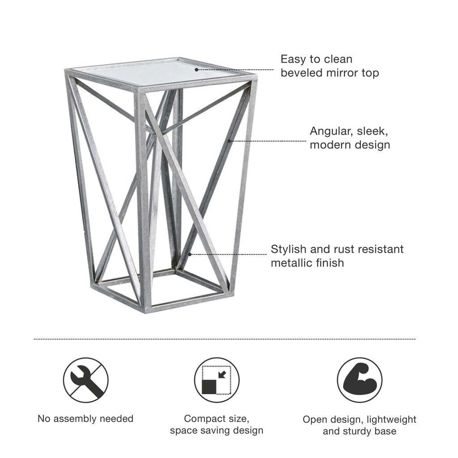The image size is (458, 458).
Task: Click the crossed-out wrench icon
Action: click(x=86, y=380)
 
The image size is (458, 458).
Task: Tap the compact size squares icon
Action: click(x=217, y=380)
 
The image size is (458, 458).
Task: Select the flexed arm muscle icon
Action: click(x=360, y=380)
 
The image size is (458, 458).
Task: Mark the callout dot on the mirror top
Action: click(x=196, y=70)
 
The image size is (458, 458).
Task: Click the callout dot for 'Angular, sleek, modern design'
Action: click(x=229, y=141)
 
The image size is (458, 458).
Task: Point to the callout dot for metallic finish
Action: click(x=190, y=254)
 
